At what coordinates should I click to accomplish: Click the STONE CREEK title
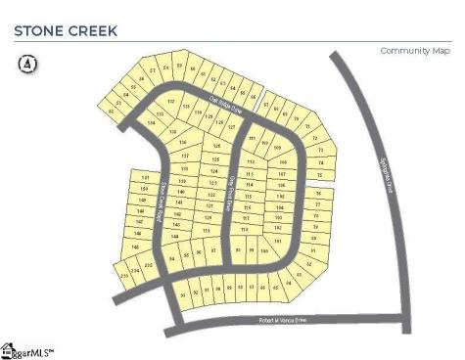click(x=65, y=30)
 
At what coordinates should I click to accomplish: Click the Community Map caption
click(x=409, y=50)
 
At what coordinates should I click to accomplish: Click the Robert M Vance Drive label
click(x=283, y=320)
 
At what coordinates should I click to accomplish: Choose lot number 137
click(x=182, y=157)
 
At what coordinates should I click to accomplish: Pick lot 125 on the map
click(x=215, y=158)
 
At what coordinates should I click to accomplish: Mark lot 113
click(x=250, y=172)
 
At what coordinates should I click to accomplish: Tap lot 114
click(x=250, y=184)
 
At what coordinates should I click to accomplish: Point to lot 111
click(x=252, y=140)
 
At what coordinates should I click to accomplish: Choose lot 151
click(x=145, y=176)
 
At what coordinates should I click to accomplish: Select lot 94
click(x=172, y=258)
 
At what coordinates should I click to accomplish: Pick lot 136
click(x=182, y=143)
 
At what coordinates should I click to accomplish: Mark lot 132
click(x=171, y=102)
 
